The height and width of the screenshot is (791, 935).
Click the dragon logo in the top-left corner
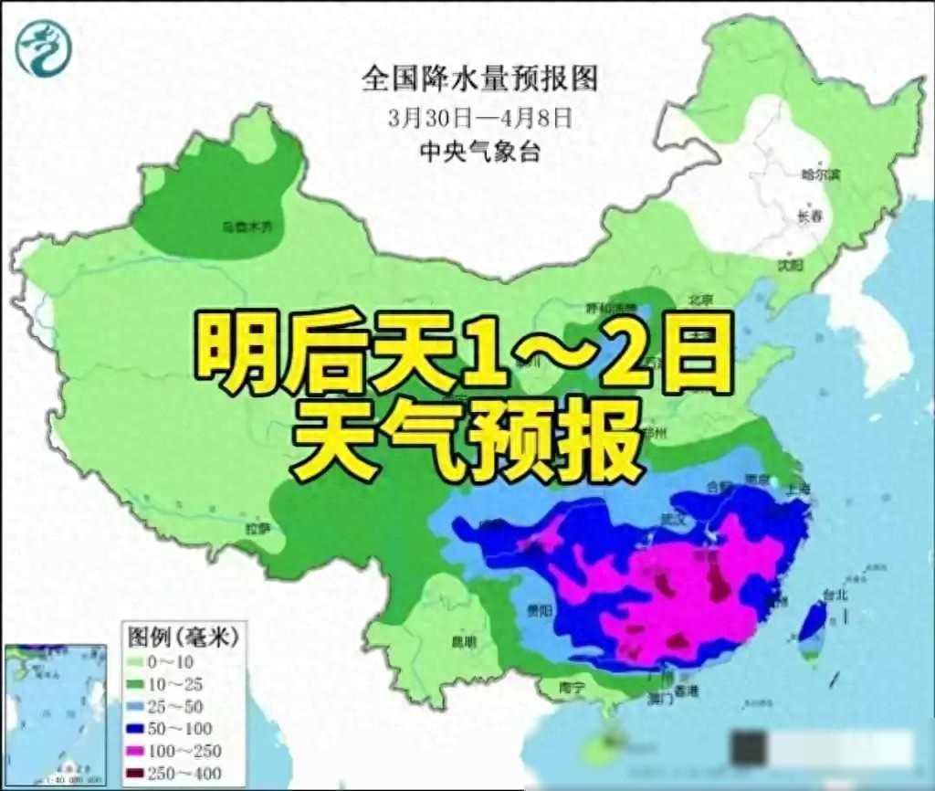coord(42,47)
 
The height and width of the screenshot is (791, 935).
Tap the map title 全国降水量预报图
coord(479,79)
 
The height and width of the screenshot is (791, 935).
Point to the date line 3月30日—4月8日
coord(479,118)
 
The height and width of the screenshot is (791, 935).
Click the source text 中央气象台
coord(479,151)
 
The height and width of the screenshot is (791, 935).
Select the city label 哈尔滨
coord(818,173)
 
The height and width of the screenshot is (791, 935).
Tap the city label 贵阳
coord(529,610)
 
